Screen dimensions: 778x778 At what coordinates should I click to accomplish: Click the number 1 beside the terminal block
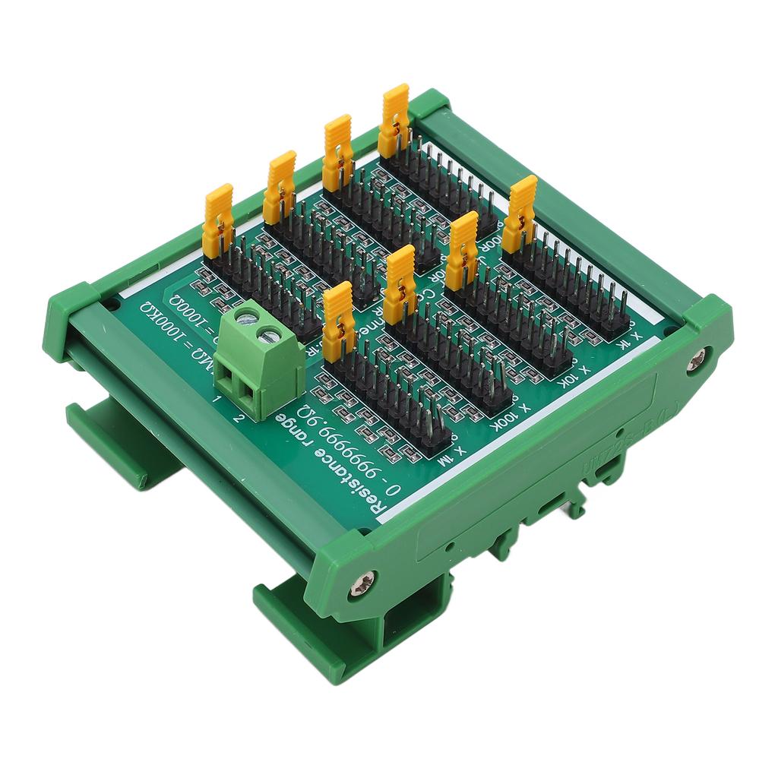point(218,400)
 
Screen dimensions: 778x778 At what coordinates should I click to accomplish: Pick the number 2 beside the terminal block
point(239,416)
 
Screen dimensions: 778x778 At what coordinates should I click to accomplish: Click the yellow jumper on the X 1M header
point(339,320)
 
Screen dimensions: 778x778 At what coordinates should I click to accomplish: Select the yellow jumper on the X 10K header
point(462,250)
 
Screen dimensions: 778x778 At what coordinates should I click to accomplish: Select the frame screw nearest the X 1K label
point(696,361)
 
